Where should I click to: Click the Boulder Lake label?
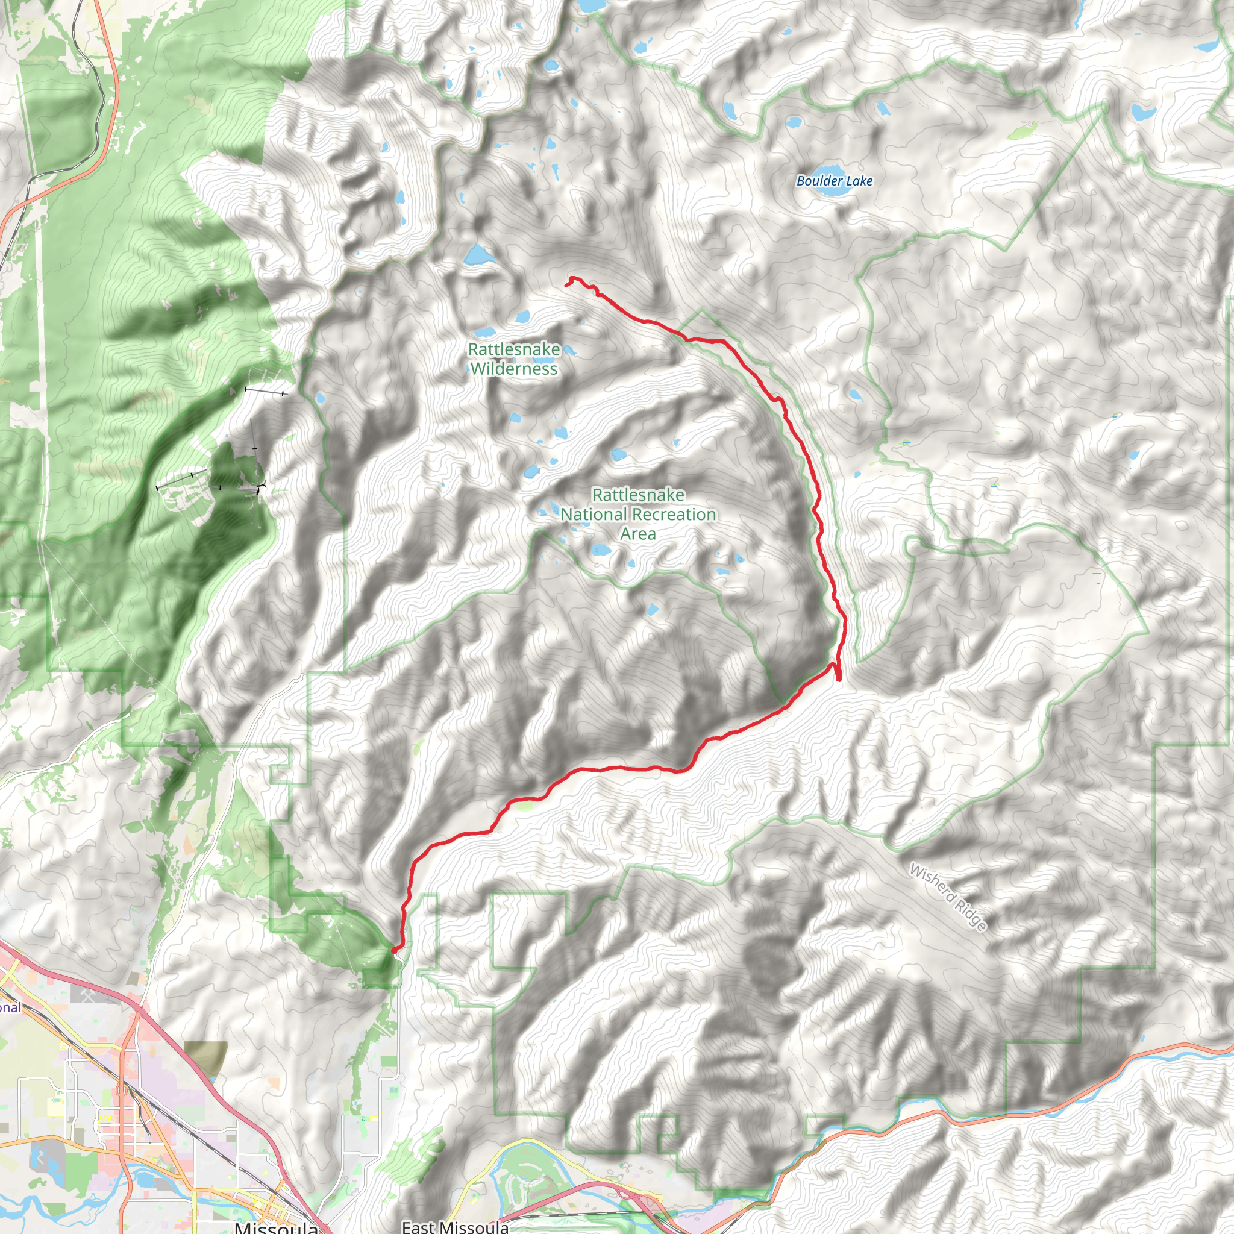pyautogui.click(x=834, y=181)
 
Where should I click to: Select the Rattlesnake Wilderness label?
pyautogui.click(x=513, y=359)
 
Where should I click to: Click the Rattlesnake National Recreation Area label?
pyautogui.click(x=638, y=514)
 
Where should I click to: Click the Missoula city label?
pyautogui.click(x=276, y=1227)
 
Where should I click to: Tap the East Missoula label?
pyautogui.click(x=455, y=1226)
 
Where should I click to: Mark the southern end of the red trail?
pyautogui.click(x=394, y=950)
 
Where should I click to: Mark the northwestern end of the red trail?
pyautogui.click(x=566, y=284)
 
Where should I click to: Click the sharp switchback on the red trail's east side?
pyautogui.click(x=838, y=679)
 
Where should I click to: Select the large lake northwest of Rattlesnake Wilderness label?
pyautogui.click(x=478, y=255)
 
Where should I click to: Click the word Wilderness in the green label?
pyautogui.click(x=513, y=369)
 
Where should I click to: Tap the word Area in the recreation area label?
pyautogui.click(x=637, y=534)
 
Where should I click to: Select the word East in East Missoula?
pyautogui.click(x=418, y=1226)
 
